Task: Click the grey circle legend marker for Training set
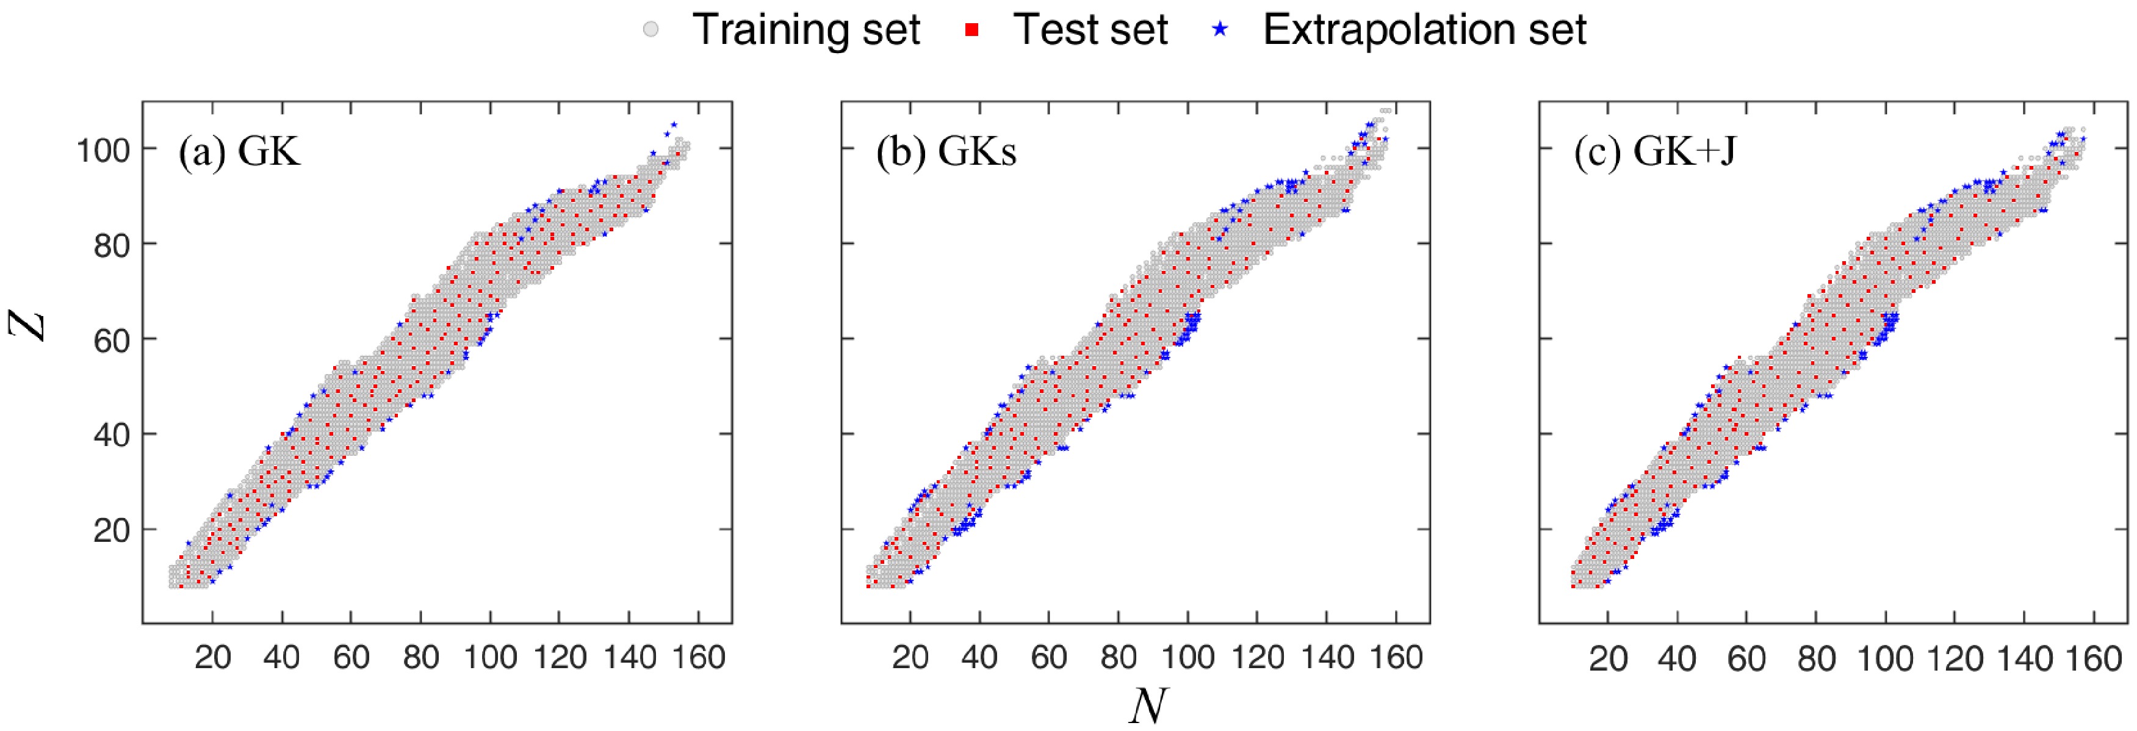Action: pos(651,30)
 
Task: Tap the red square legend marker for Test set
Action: pos(974,30)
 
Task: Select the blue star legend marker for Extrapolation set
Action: pos(1219,30)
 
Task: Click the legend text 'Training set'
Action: pos(805,30)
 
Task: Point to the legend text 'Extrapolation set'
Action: pos(1424,30)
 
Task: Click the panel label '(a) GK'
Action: pos(239,153)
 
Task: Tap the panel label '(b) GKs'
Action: pos(946,153)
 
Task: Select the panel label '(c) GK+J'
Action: pos(1654,153)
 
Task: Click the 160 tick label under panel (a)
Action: pos(699,658)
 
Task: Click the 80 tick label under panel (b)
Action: pos(1119,658)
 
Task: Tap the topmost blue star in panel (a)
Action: pos(674,124)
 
